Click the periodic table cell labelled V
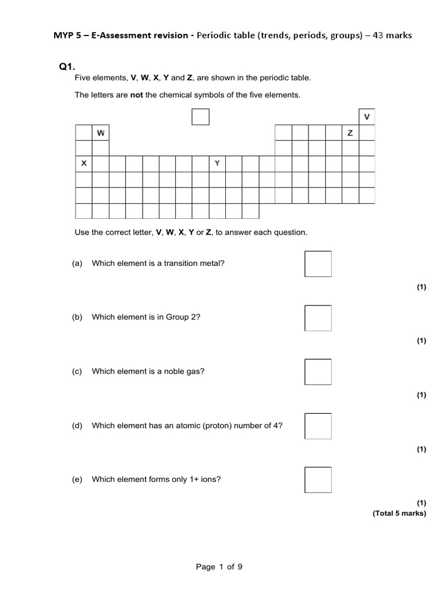(x=367, y=117)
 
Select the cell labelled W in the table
(x=101, y=133)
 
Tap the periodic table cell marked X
(x=84, y=164)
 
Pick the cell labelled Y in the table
(x=217, y=164)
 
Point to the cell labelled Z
(x=350, y=133)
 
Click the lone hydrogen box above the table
(x=200, y=117)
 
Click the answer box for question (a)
(x=318, y=264)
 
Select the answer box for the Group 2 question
(x=318, y=318)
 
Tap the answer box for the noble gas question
(x=318, y=372)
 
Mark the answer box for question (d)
(x=318, y=426)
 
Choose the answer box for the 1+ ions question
(x=318, y=480)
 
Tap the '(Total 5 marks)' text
(x=399, y=513)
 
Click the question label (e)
(x=77, y=480)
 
